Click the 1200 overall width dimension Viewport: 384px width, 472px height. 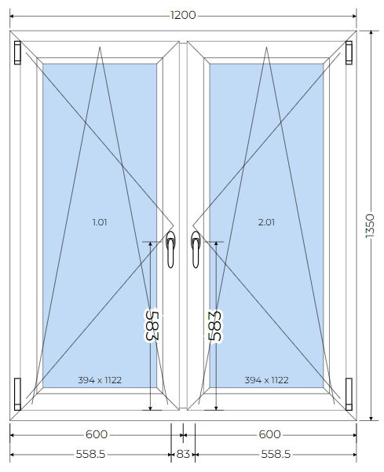click(x=183, y=15)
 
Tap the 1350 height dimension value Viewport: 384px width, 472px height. click(x=370, y=225)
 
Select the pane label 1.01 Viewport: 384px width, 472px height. click(x=100, y=222)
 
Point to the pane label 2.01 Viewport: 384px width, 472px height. click(x=266, y=222)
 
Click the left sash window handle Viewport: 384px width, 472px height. click(x=170, y=249)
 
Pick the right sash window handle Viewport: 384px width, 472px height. click(x=196, y=249)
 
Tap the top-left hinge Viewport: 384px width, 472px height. click(x=18, y=53)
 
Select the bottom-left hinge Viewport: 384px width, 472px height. click(x=18, y=394)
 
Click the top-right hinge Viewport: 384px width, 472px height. click(x=349, y=53)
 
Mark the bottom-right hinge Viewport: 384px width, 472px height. click(x=349, y=394)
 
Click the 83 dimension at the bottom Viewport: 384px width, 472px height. click(x=183, y=454)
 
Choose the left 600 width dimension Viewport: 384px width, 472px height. click(x=97, y=434)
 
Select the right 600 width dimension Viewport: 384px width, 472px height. click(x=269, y=434)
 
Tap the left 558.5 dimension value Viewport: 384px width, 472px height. click(x=90, y=454)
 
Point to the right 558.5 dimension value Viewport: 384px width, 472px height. click(x=276, y=454)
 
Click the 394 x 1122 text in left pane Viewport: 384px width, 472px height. click(x=100, y=380)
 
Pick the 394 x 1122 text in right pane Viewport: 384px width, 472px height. click(x=266, y=380)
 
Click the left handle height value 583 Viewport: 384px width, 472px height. click(x=151, y=326)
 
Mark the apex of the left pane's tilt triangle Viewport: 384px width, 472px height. click(x=100, y=47)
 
